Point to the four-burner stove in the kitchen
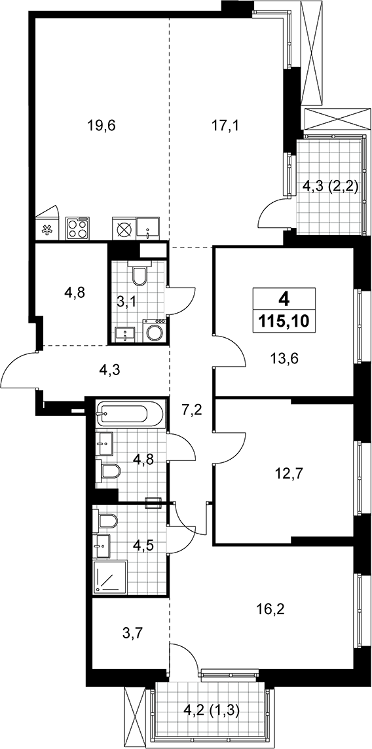[x=77, y=228]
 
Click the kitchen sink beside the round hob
[x=148, y=228]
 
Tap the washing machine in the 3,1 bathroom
[x=155, y=331]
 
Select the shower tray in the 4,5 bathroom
[x=111, y=577]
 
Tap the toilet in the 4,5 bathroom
[x=107, y=521]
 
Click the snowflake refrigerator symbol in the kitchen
[x=46, y=230]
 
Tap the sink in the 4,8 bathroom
[x=105, y=444]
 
